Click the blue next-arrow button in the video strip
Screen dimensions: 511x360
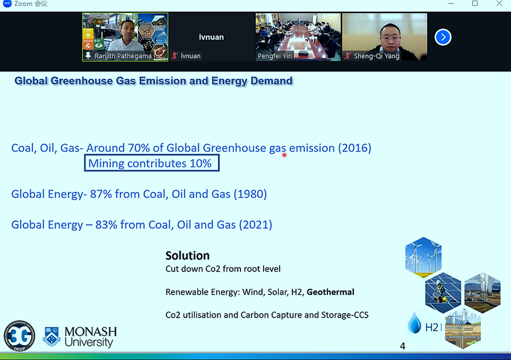(x=443, y=37)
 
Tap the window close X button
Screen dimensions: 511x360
(x=499, y=4)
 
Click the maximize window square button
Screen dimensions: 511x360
(x=475, y=4)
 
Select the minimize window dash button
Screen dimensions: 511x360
(x=451, y=4)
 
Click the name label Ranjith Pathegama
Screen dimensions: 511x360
(x=123, y=56)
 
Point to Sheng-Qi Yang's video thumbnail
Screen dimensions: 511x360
(x=385, y=37)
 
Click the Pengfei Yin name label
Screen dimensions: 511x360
(x=275, y=56)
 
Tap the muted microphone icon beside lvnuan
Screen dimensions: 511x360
(x=175, y=56)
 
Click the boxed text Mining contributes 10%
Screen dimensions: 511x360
(x=152, y=163)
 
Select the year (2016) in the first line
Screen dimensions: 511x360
(x=355, y=148)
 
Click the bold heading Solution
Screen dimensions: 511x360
(x=188, y=256)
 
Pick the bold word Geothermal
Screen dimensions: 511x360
(x=331, y=292)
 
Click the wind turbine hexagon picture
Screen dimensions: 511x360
(x=423, y=257)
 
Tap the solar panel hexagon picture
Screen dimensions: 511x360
(x=443, y=293)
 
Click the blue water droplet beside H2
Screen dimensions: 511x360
(x=414, y=323)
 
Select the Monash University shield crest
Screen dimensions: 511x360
(x=52, y=336)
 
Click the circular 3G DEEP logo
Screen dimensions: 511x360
(x=19, y=336)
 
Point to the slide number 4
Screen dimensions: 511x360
(x=403, y=346)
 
